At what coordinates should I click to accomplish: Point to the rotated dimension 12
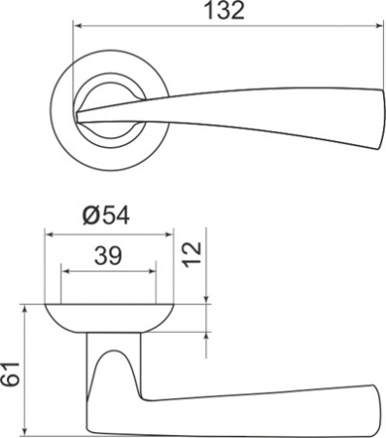[x=192, y=256]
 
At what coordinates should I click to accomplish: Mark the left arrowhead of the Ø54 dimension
[x=49, y=234]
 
